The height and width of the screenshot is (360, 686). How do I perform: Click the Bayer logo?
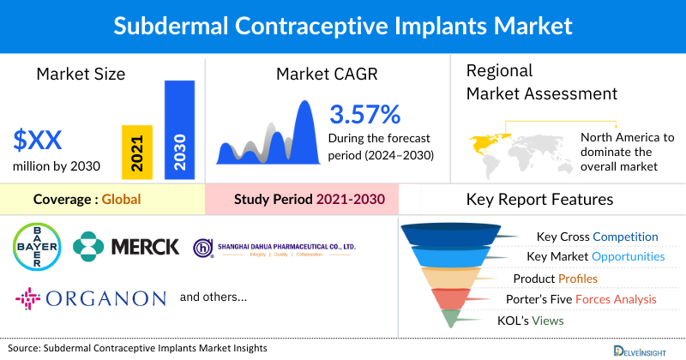[37, 246]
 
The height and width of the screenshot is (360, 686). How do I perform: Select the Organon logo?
[90, 298]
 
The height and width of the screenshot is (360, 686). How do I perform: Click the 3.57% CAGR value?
[364, 114]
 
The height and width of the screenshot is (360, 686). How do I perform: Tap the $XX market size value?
[38, 139]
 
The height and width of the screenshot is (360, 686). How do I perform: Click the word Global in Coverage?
[121, 200]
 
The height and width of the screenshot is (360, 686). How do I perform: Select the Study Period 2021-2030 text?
[309, 200]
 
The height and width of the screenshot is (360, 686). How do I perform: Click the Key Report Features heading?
[539, 200]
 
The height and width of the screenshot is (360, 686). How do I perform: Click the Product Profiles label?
[555, 279]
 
